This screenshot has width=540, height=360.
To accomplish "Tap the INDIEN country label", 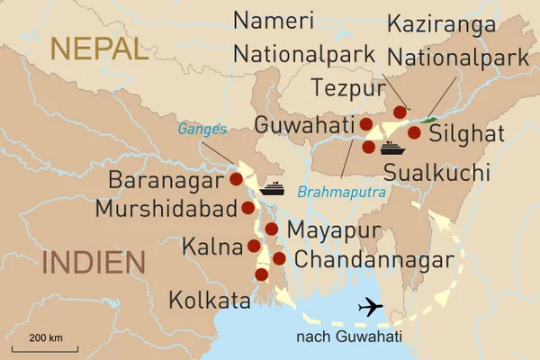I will tap(94, 262).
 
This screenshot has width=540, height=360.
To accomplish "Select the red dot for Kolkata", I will tap(262, 274).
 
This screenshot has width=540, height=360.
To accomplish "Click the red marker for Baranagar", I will tap(237, 179).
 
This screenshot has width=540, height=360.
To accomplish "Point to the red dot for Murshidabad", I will tap(247, 208).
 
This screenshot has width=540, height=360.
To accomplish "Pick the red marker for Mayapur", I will tap(271, 229).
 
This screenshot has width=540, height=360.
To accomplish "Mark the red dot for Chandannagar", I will tap(279, 258).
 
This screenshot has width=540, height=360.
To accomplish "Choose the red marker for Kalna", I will tap(254, 245).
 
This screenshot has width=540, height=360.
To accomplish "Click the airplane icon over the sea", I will tap(370, 307).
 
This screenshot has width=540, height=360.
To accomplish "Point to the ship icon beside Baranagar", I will tap(273, 189).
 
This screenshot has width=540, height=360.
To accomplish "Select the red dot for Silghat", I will tap(414, 132).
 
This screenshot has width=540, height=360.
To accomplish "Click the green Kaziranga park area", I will tap(429, 120).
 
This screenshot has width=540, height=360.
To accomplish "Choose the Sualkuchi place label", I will tap(436, 172).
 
